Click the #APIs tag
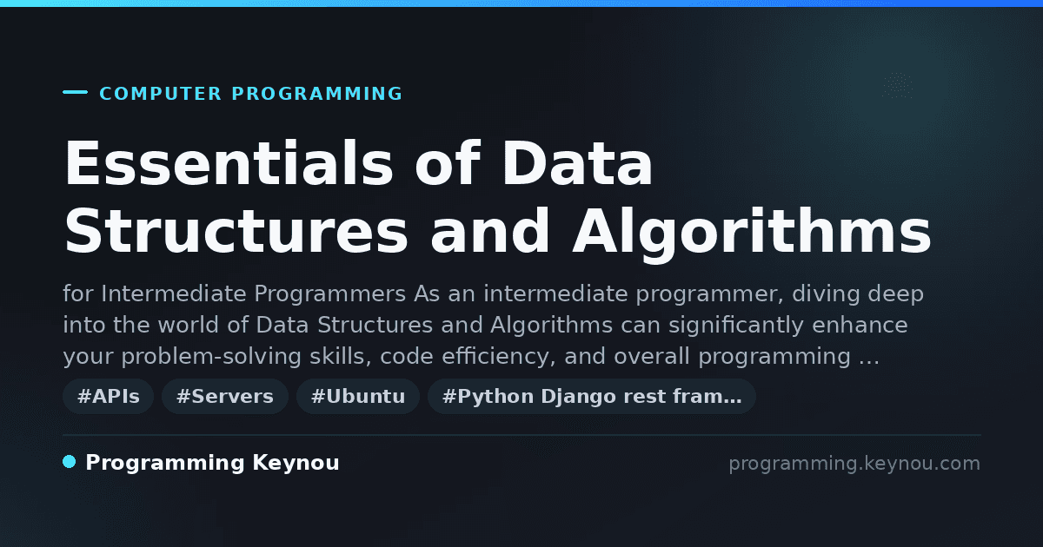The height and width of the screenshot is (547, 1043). click(x=108, y=396)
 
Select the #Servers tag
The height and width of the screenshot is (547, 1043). click(x=225, y=396)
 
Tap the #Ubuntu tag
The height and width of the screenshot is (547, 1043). click(x=358, y=396)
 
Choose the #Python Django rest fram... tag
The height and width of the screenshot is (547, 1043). click(x=591, y=396)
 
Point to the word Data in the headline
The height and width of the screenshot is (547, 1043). click(x=577, y=163)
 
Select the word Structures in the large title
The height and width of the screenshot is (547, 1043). click(x=236, y=231)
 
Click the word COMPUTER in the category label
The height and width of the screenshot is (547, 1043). click(x=161, y=94)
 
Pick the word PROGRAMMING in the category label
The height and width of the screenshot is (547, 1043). click(x=317, y=94)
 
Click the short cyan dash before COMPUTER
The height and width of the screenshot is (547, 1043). click(x=75, y=92)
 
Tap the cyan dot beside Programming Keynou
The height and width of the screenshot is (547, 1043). click(x=69, y=462)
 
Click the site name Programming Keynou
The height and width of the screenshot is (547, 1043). click(x=212, y=463)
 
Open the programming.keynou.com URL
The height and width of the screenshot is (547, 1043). click(x=854, y=464)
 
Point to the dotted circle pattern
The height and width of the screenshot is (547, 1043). click(x=898, y=85)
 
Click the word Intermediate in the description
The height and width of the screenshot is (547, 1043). click(x=174, y=294)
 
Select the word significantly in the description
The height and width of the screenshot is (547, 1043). click(x=736, y=326)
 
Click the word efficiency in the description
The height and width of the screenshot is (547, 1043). click(x=499, y=357)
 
